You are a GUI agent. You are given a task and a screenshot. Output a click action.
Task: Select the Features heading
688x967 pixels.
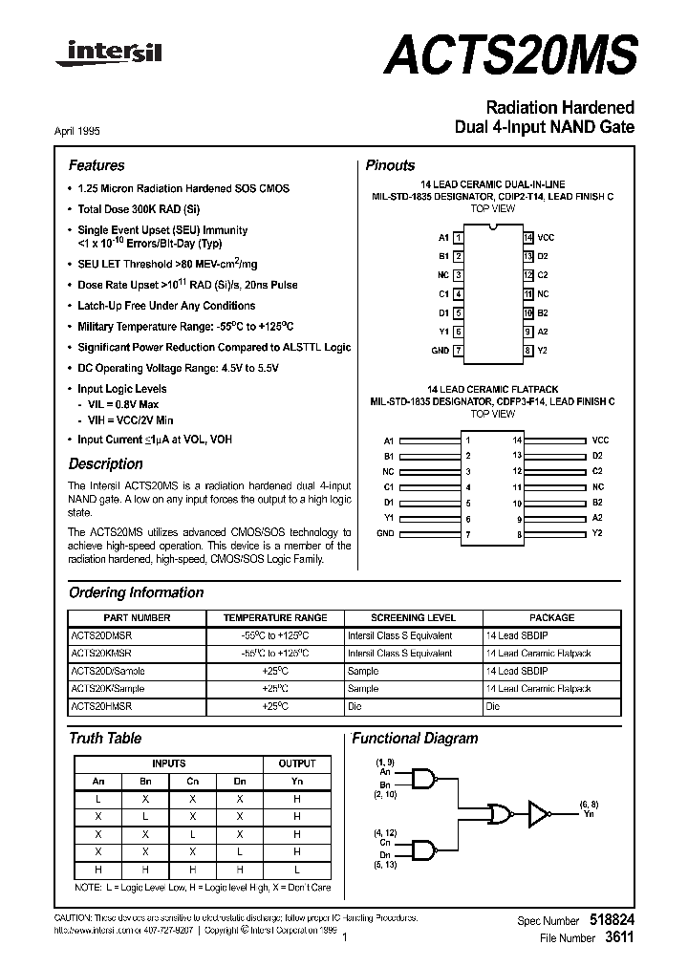pos(97,165)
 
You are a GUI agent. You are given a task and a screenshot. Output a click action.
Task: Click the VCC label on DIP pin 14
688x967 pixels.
pos(546,237)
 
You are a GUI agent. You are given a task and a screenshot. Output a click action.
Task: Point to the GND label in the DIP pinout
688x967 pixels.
pos(441,351)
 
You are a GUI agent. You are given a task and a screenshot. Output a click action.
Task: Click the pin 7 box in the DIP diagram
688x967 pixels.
pos(459,351)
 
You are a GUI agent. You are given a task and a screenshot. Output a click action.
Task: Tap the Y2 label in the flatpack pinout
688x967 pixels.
pos(598,532)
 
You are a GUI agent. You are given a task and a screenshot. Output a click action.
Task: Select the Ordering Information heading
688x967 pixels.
pos(136,592)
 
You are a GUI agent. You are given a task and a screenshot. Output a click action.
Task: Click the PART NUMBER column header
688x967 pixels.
pos(137,618)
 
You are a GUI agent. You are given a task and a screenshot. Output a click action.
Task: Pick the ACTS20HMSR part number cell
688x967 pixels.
pos(101,706)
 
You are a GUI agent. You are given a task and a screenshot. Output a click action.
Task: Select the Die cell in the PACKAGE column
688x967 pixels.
pos(493,706)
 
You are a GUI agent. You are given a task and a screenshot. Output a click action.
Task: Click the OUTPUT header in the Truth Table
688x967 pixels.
pos(296,763)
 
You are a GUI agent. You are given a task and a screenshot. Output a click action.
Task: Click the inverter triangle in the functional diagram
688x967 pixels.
pos(540,813)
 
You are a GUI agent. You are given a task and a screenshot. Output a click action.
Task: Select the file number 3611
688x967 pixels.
pos(619,938)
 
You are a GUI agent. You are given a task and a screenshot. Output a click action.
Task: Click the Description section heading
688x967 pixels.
pos(105,464)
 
